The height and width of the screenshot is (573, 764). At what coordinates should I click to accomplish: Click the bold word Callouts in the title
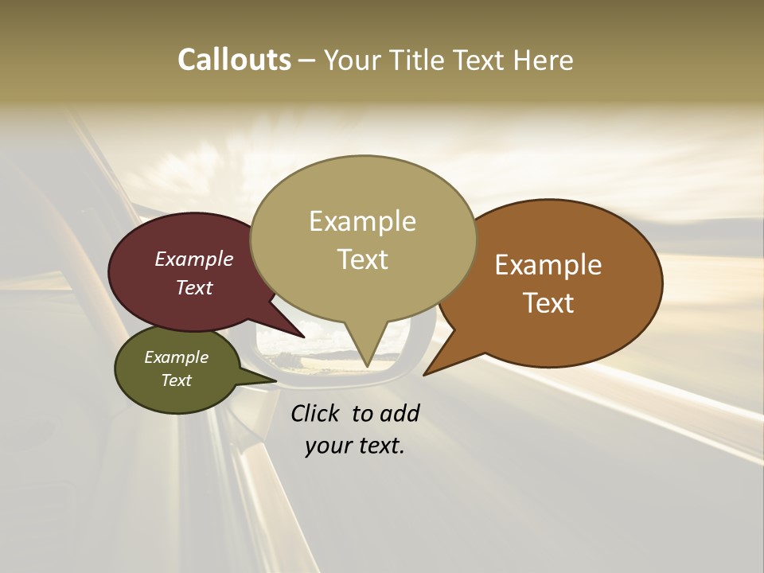point(234,60)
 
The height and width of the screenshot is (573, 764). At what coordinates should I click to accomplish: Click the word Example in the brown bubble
point(548,265)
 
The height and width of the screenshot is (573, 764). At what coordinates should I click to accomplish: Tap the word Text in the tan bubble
point(363,259)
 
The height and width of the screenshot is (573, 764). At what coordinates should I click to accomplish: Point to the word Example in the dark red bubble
point(194,259)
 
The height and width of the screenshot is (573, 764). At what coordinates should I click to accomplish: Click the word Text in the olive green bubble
point(177,380)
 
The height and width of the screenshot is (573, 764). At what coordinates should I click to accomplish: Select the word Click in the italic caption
point(316,413)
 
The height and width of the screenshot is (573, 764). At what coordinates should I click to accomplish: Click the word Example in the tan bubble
point(363,221)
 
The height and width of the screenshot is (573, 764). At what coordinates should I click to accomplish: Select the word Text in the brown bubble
point(549,303)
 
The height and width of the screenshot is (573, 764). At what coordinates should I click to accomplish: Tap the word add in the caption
point(400,413)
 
